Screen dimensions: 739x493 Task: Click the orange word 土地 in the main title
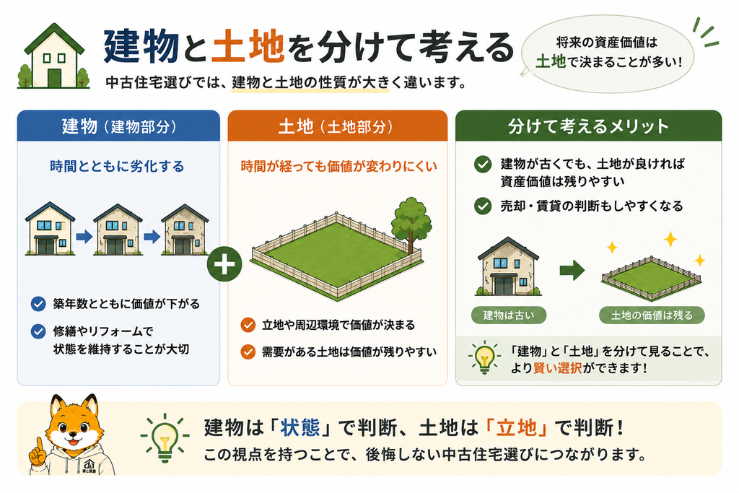point(248,46)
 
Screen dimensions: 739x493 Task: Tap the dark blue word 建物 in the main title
point(141,46)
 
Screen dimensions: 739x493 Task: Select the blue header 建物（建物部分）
point(119,126)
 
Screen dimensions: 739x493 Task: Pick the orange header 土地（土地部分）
point(338,126)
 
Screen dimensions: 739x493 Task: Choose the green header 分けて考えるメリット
point(588,126)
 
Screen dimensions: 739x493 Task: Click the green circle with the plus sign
point(224,264)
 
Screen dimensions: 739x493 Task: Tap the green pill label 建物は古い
point(509,315)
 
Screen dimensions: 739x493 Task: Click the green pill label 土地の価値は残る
point(652,315)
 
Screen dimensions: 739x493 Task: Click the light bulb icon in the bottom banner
point(165,437)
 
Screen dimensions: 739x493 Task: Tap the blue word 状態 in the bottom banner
point(300,427)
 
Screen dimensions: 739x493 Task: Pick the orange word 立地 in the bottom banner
point(517,427)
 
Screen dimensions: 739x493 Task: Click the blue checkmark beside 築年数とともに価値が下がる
point(38,304)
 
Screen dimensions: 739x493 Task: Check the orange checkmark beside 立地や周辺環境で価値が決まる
point(248,325)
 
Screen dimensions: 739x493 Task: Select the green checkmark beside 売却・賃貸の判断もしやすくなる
point(483,206)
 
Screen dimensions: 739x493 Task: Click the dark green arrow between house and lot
point(572,271)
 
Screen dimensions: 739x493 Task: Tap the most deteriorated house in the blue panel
point(184,230)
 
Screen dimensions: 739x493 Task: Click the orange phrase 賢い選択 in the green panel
point(558,368)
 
